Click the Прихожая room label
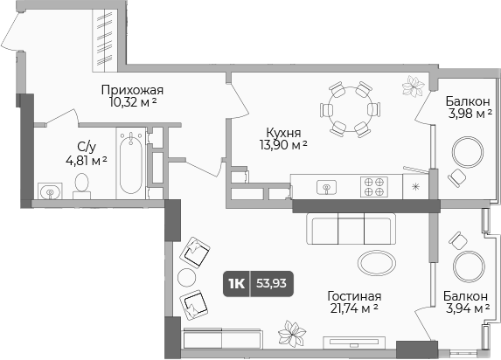(132, 89)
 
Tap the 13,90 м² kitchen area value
(288, 145)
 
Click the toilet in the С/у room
(82, 183)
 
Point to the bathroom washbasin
(49, 190)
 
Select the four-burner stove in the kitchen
(374, 186)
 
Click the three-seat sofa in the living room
(350, 230)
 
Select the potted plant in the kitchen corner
(412, 86)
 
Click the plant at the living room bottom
(291, 335)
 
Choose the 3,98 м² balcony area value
(468, 113)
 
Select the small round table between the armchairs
(186, 278)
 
